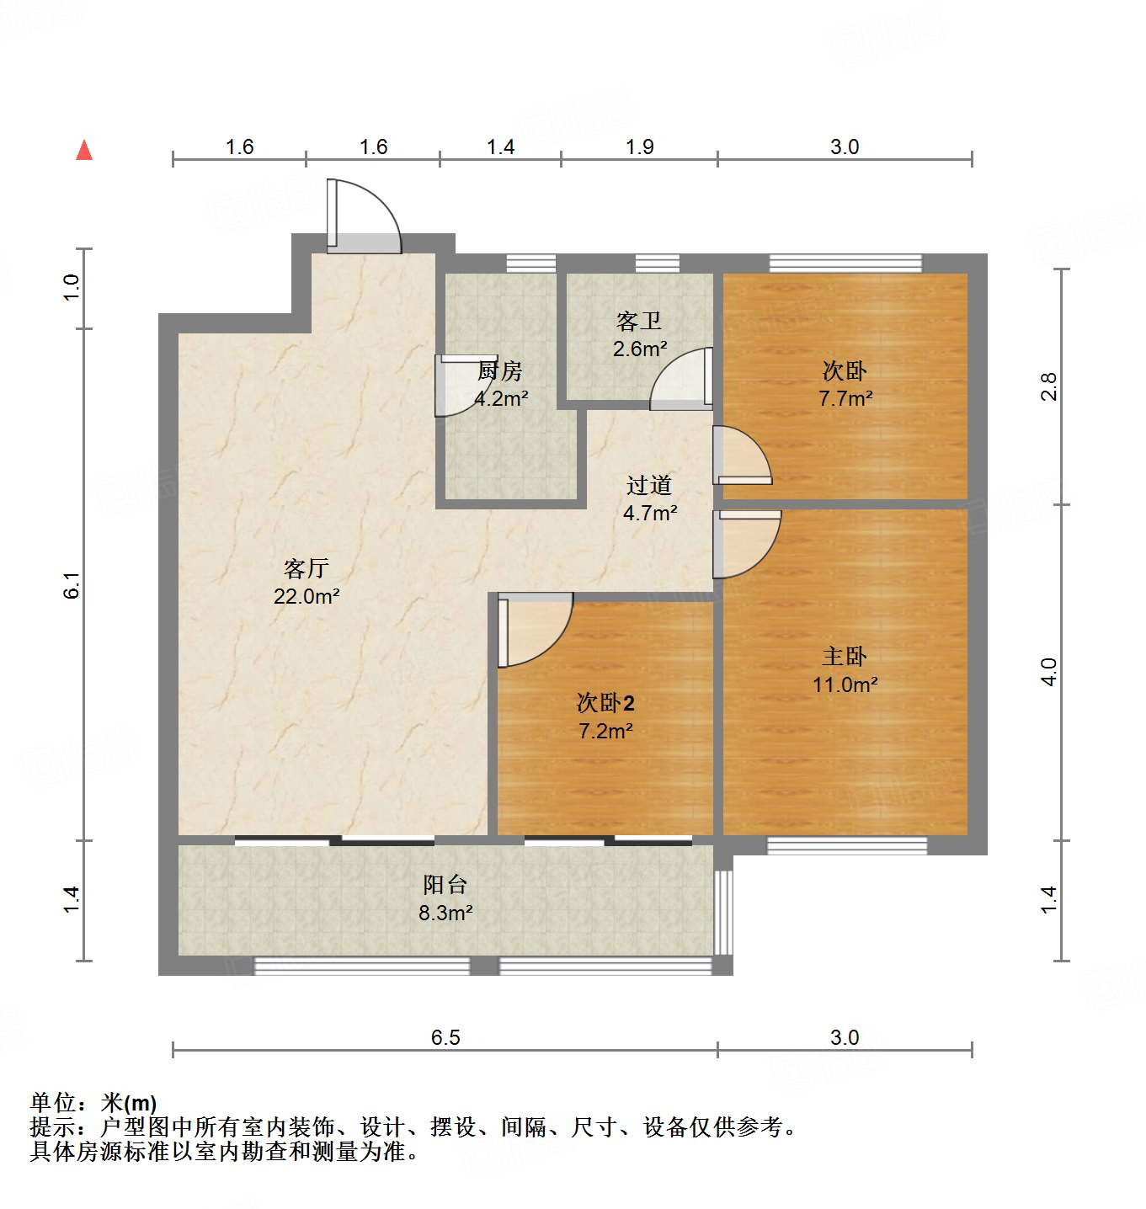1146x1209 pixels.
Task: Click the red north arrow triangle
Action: click(84, 151)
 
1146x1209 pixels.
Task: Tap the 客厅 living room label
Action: click(306, 568)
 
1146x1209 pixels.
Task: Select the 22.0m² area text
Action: click(306, 596)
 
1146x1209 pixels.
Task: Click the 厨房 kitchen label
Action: click(500, 370)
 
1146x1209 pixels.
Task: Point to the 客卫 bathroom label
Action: click(639, 322)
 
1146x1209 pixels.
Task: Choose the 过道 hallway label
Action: click(649, 485)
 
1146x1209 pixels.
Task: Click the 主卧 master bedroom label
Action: click(845, 657)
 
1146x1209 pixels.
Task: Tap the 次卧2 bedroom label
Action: click(605, 703)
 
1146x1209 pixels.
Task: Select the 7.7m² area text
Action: click(845, 399)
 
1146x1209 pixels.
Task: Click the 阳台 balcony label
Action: click(445, 885)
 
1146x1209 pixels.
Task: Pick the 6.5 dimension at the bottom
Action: click(445, 1037)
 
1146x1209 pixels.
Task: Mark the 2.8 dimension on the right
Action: click(1048, 386)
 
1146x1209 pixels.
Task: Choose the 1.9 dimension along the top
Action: click(639, 147)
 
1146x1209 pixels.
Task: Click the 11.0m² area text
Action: click(845, 684)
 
